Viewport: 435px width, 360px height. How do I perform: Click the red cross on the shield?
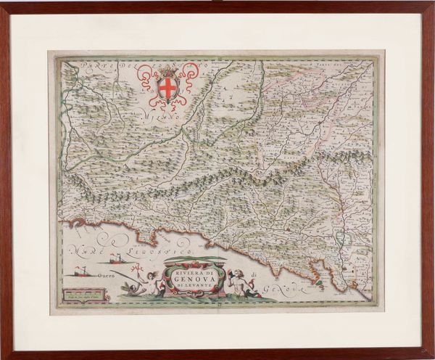167,89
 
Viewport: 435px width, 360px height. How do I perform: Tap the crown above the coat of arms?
167,71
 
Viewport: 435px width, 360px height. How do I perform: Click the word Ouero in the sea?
99,275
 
